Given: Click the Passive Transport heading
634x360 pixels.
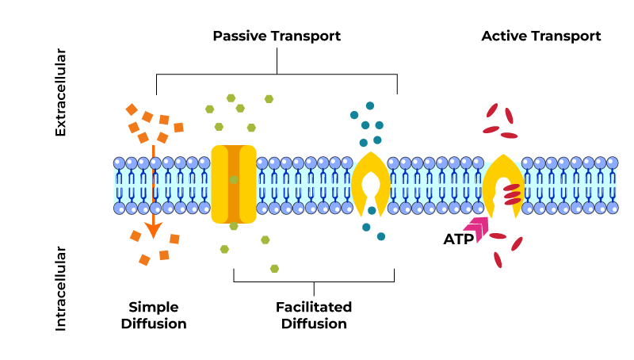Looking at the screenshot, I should pyautogui.click(x=277, y=36).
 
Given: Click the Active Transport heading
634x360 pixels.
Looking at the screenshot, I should pyautogui.click(x=541, y=36).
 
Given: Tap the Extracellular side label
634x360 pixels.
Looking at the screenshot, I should pyautogui.click(x=61, y=94).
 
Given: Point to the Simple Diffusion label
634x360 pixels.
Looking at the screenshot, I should pyautogui.click(x=154, y=315).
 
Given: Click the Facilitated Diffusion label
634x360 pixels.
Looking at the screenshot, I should pyautogui.click(x=314, y=315).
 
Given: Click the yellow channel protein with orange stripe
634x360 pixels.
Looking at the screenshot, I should pyautogui.click(x=234, y=184).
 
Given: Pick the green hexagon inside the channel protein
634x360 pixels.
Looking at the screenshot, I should pyautogui.click(x=234, y=180).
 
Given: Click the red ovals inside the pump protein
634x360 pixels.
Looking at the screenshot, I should pyautogui.click(x=512, y=194).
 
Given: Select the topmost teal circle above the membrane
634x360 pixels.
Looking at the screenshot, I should pyautogui.click(x=369, y=105).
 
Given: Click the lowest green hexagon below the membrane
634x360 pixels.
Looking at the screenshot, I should pyautogui.click(x=274, y=269).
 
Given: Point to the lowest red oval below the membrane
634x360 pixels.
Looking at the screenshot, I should pyautogui.click(x=498, y=259).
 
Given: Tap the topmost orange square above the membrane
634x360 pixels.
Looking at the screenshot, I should pyautogui.click(x=132, y=109).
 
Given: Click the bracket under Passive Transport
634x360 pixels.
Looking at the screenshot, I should pyautogui.click(x=277, y=75).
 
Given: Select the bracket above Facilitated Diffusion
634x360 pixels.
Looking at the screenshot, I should pyautogui.click(x=314, y=281).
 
